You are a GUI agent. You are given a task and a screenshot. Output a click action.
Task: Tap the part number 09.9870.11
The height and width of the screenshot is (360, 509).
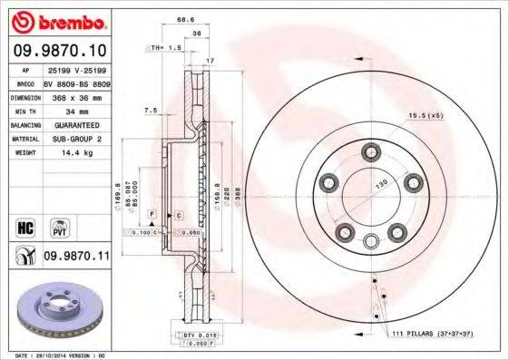[x=75, y=258]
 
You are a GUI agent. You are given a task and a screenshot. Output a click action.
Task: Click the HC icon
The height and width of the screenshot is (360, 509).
[x=24, y=224]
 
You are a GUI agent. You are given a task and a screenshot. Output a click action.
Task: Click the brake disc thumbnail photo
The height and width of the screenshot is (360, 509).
[x=57, y=312]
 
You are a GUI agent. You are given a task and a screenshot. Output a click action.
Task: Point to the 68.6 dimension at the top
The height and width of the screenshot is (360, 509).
[x=186, y=18]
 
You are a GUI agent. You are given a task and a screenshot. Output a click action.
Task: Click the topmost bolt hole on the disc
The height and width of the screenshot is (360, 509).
[x=370, y=151]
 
